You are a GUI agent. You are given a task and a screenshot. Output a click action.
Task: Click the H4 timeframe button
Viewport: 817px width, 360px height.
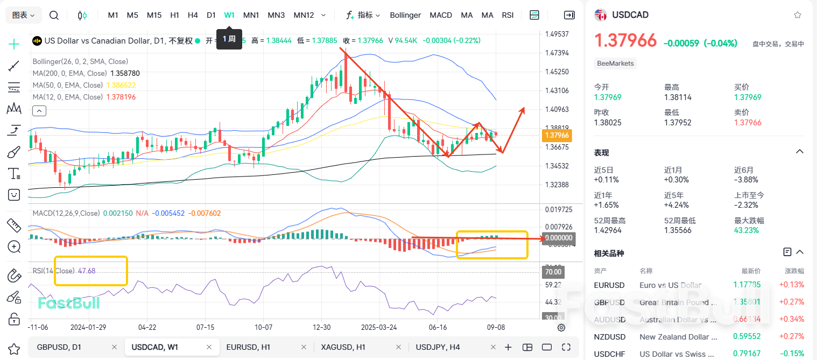(193, 15)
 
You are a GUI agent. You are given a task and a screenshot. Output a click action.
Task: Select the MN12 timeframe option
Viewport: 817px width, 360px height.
(304, 15)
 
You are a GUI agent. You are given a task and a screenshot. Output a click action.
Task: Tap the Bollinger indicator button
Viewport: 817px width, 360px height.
(405, 15)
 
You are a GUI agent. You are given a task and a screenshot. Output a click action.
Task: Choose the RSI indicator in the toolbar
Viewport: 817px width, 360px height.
(508, 15)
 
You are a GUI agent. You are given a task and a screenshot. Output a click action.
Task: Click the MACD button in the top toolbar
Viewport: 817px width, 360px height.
(441, 15)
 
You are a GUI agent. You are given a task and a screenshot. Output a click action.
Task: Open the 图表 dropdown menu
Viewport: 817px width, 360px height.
(24, 15)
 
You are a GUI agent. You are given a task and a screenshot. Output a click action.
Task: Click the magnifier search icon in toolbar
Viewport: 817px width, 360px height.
(54, 15)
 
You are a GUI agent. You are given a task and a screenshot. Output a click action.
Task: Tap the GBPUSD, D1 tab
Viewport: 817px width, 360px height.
(59, 347)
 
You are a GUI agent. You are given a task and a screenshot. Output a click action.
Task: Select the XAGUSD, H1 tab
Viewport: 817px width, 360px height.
(343, 347)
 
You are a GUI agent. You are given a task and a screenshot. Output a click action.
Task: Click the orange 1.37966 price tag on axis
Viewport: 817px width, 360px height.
(557, 136)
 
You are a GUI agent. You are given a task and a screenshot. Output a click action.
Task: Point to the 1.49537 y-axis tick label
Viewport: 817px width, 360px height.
(557, 34)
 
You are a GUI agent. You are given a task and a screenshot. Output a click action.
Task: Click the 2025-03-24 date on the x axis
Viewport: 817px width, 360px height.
(379, 327)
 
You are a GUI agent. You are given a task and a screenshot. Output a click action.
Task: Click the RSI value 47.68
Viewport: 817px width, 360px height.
(87, 271)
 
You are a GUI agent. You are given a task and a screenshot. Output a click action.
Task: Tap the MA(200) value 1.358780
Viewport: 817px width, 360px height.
(124, 73)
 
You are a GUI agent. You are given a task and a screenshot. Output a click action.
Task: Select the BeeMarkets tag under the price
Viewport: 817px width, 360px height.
(615, 63)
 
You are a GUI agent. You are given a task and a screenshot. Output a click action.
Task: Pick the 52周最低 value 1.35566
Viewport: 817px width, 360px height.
(679, 230)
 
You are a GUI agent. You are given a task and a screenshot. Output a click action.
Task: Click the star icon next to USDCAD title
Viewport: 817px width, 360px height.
(797, 15)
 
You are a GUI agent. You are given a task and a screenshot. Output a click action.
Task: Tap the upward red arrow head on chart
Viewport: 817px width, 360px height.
(522, 110)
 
